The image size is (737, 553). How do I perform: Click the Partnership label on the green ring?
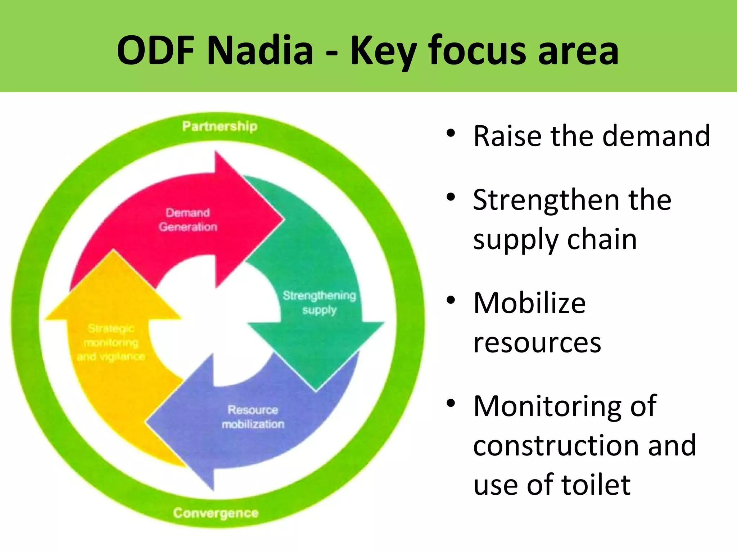coord(220,126)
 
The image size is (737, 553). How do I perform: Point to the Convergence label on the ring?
coord(216,513)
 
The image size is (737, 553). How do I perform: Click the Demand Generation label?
coord(188,220)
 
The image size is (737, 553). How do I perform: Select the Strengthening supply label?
coord(319,302)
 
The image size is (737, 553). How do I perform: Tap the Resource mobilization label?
coord(253,417)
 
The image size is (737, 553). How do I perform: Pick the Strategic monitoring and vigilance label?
coord(111,342)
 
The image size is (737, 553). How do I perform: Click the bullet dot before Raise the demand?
coord(451,134)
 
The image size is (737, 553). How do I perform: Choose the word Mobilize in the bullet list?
coord(529,303)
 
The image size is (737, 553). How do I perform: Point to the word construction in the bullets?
coord(555,445)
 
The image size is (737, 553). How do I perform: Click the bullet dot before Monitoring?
coord(451,404)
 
